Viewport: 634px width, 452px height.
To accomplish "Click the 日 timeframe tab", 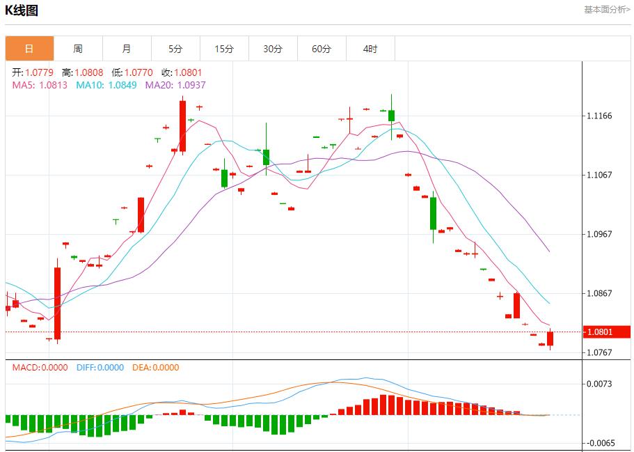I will tap(29, 49).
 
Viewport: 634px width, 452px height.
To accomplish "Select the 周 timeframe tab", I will tap(78, 49).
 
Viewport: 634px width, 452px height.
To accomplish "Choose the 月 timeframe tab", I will tap(127, 49).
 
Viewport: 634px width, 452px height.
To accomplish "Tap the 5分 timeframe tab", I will tap(175, 49).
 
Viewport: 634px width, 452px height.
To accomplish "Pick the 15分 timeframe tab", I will tap(224, 49).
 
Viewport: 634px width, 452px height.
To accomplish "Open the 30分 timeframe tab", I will tap(273, 49).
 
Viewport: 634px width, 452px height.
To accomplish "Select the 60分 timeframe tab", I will tap(322, 49).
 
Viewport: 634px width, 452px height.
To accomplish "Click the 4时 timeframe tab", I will tap(370, 49).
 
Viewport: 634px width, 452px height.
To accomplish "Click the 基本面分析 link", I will tap(607, 10).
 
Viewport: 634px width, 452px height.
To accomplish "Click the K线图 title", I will tap(22, 10).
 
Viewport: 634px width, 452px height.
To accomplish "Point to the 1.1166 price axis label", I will tap(599, 116).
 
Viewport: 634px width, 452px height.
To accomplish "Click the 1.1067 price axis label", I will tap(599, 175).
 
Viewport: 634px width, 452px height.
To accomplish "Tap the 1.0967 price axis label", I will tap(599, 234).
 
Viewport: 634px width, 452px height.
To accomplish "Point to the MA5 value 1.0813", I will tap(54, 85).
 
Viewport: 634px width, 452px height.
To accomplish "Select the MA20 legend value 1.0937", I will tap(191, 85).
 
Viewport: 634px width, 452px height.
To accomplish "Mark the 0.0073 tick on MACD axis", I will tap(599, 384).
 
